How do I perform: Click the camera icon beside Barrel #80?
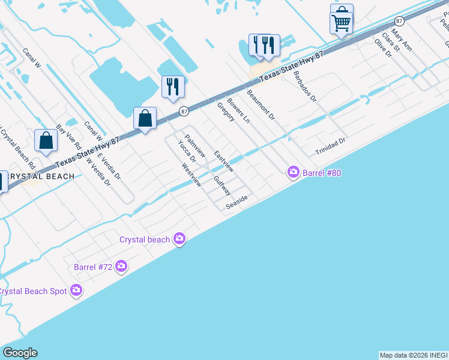pyautogui.click(x=294, y=173)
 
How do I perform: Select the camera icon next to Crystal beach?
pyautogui.click(x=179, y=239)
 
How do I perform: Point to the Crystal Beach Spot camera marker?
pyautogui.click(x=76, y=290)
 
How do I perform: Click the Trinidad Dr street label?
pyautogui.click(x=331, y=147)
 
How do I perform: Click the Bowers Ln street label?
pyautogui.click(x=238, y=110)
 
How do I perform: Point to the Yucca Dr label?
pyautogui.click(x=187, y=151)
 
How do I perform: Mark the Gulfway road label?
pyautogui.click(x=222, y=185)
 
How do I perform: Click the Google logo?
pyautogui.click(x=20, y=353)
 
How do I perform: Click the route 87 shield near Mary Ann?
pyautogui.click(x=399, y=21)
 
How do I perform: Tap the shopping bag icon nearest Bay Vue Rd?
pyautogui.click(x=46, y=141)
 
